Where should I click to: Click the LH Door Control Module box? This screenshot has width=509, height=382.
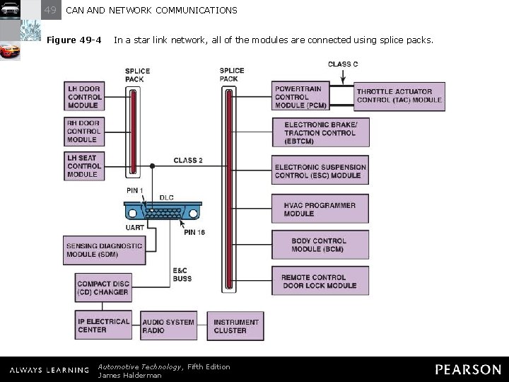[84, 97]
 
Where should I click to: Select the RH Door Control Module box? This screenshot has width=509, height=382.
[84, 132]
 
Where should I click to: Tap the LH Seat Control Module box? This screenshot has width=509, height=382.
[84, 166]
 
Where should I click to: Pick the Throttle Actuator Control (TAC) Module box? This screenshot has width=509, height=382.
[399, 96]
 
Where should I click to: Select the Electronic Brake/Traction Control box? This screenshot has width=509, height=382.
[320, 133]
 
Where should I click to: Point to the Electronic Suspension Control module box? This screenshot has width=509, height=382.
[320, 171]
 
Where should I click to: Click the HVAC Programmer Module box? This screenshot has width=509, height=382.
[320, 209]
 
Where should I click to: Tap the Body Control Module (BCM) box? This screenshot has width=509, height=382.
[320, 245]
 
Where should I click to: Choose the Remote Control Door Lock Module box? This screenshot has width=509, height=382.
[320, 282]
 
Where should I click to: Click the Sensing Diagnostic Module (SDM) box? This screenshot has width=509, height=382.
[104, 250]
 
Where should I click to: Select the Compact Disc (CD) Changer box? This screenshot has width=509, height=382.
[103, 288]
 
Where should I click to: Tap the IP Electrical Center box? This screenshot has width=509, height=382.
[103, 325]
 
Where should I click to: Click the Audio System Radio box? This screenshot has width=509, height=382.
[168, 326]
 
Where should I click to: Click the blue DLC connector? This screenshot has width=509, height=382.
[163, 212]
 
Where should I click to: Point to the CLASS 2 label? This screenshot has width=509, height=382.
[188, 161]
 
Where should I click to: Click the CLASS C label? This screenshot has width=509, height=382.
[343, 64]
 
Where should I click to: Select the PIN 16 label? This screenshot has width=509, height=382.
[194, 232]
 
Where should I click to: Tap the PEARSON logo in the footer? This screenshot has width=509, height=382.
[467, 369]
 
